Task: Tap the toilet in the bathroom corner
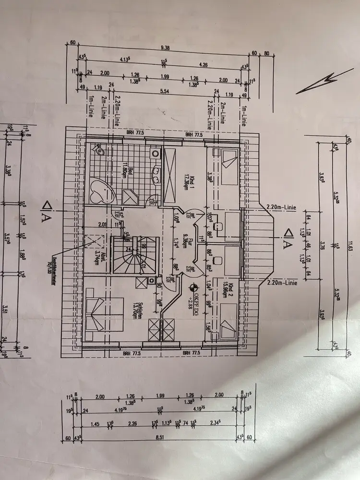click(x=99, y=151)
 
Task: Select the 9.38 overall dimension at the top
click(x=165, y=48)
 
